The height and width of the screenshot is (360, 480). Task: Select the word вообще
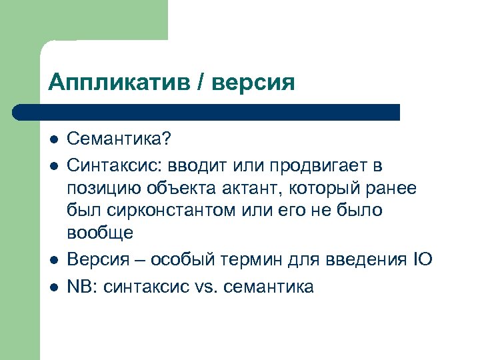point(100,233)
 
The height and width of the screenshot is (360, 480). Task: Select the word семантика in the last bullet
point(269,287)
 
